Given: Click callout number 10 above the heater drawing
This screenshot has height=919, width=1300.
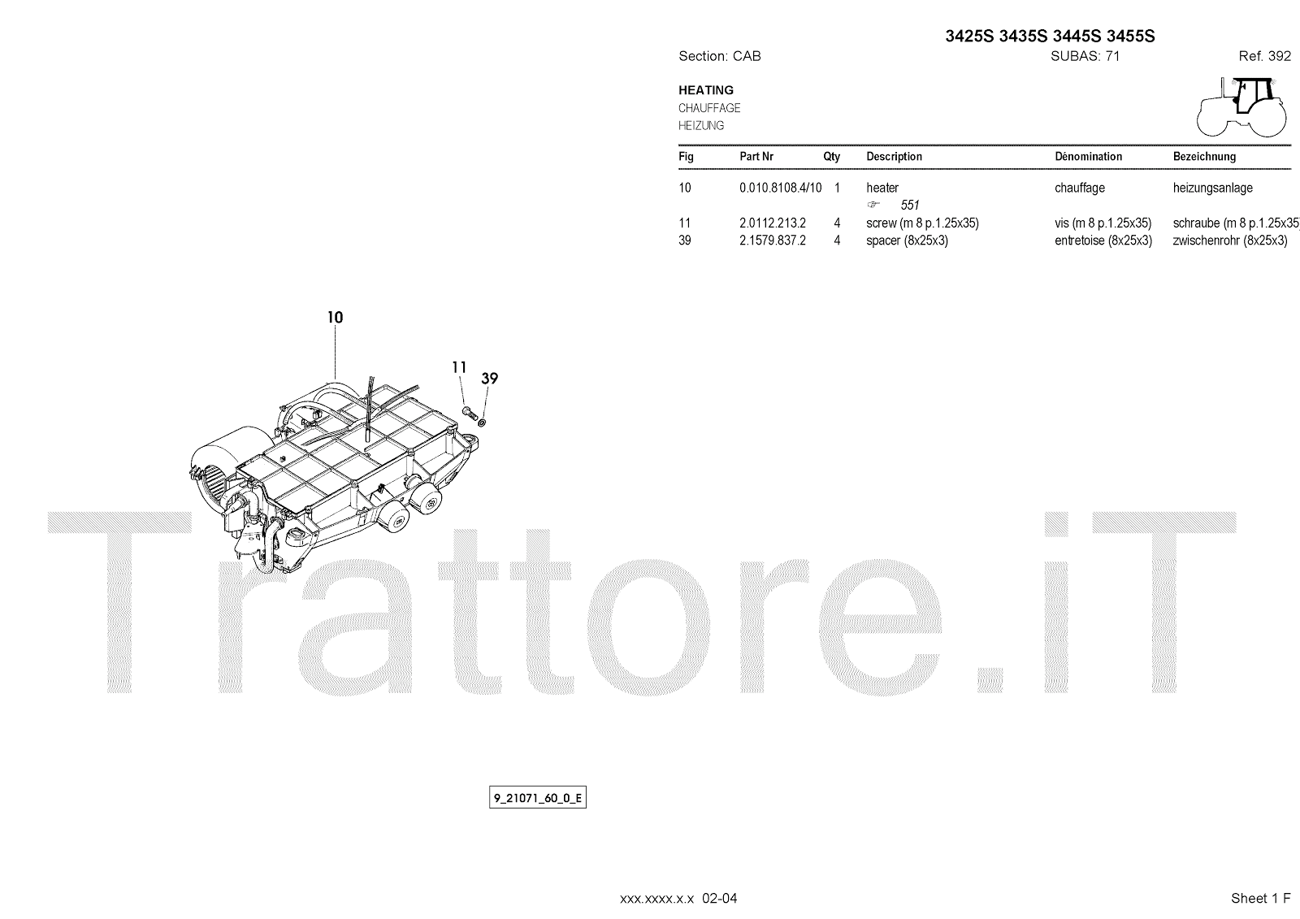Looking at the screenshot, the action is click(335, 317).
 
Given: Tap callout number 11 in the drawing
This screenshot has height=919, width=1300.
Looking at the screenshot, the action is click(459, 367).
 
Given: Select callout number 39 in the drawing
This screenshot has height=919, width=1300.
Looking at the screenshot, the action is click(489, 378).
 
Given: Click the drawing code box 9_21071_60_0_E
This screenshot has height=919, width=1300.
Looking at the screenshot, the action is click(537, 798).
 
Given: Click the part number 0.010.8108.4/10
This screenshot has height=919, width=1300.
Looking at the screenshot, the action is click(780, 188).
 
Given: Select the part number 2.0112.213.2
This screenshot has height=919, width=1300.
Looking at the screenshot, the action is click(772, 223).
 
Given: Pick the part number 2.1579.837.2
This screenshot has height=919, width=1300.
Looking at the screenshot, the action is click(772, 241).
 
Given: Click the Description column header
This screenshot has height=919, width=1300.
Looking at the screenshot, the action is click(894, 156).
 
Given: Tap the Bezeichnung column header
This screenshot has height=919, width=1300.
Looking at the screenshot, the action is click(1204, 156).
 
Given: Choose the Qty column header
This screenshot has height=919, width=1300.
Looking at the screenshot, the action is click(831, 156).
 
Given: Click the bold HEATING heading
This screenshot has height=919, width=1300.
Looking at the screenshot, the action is click(706, 90).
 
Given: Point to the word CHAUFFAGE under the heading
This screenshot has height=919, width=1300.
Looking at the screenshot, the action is click(709, 108).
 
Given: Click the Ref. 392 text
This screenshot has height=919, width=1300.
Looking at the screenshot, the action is click(1264, 56).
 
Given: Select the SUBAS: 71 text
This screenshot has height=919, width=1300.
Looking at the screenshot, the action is click(1085, 56).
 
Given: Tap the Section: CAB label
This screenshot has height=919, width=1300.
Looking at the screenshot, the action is click(719, 56).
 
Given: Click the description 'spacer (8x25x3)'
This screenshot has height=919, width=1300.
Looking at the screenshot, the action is click(907, 241).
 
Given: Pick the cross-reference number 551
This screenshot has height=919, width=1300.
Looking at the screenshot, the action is click(910, 206).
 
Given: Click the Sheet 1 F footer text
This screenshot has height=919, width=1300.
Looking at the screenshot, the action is click(1260, 898).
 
